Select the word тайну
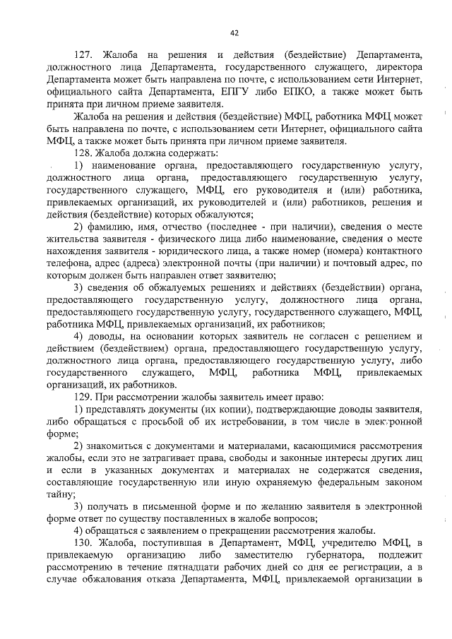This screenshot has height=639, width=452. (60, 494)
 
